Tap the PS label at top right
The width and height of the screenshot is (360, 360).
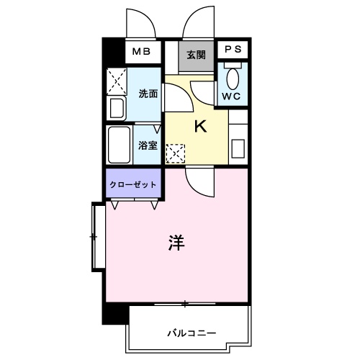[x=233, y=50]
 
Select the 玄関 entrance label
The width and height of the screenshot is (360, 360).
[x=196, y=54]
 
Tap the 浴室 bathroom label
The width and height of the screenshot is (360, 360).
[x=148, y=144]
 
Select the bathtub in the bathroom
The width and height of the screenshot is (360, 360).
[x=118, y=144]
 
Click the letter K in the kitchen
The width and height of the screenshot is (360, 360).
[x=199, y=127]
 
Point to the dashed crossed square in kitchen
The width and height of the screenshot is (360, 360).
[x=175, y=153]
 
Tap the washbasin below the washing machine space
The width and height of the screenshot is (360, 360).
[x=117, y=109]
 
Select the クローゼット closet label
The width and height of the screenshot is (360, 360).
[x=132, y=184]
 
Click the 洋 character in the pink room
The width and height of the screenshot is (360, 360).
[x=177, y=243]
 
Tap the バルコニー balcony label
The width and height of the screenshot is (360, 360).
[x=192, y=332]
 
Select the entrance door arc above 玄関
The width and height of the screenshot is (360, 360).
[x=196, y=23]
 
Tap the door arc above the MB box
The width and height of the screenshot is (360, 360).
[x=140, y=24]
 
